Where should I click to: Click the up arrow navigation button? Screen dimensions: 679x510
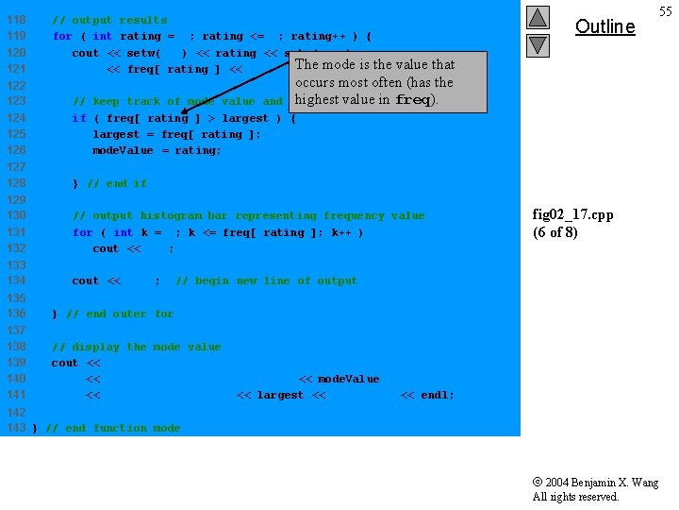coord(537,17)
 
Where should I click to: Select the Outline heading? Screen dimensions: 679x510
coord(604,26)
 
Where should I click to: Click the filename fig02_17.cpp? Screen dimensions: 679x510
coord(572,214)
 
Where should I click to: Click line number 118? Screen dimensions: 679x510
coord(16,20)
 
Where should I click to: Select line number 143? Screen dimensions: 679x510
coord(16,428)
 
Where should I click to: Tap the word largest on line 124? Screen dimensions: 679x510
coord(244,118)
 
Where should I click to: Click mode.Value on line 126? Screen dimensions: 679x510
coord(123,150)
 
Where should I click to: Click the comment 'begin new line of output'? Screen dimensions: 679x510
coord(266,280)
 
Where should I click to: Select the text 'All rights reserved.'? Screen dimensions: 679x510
coord(575,497)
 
